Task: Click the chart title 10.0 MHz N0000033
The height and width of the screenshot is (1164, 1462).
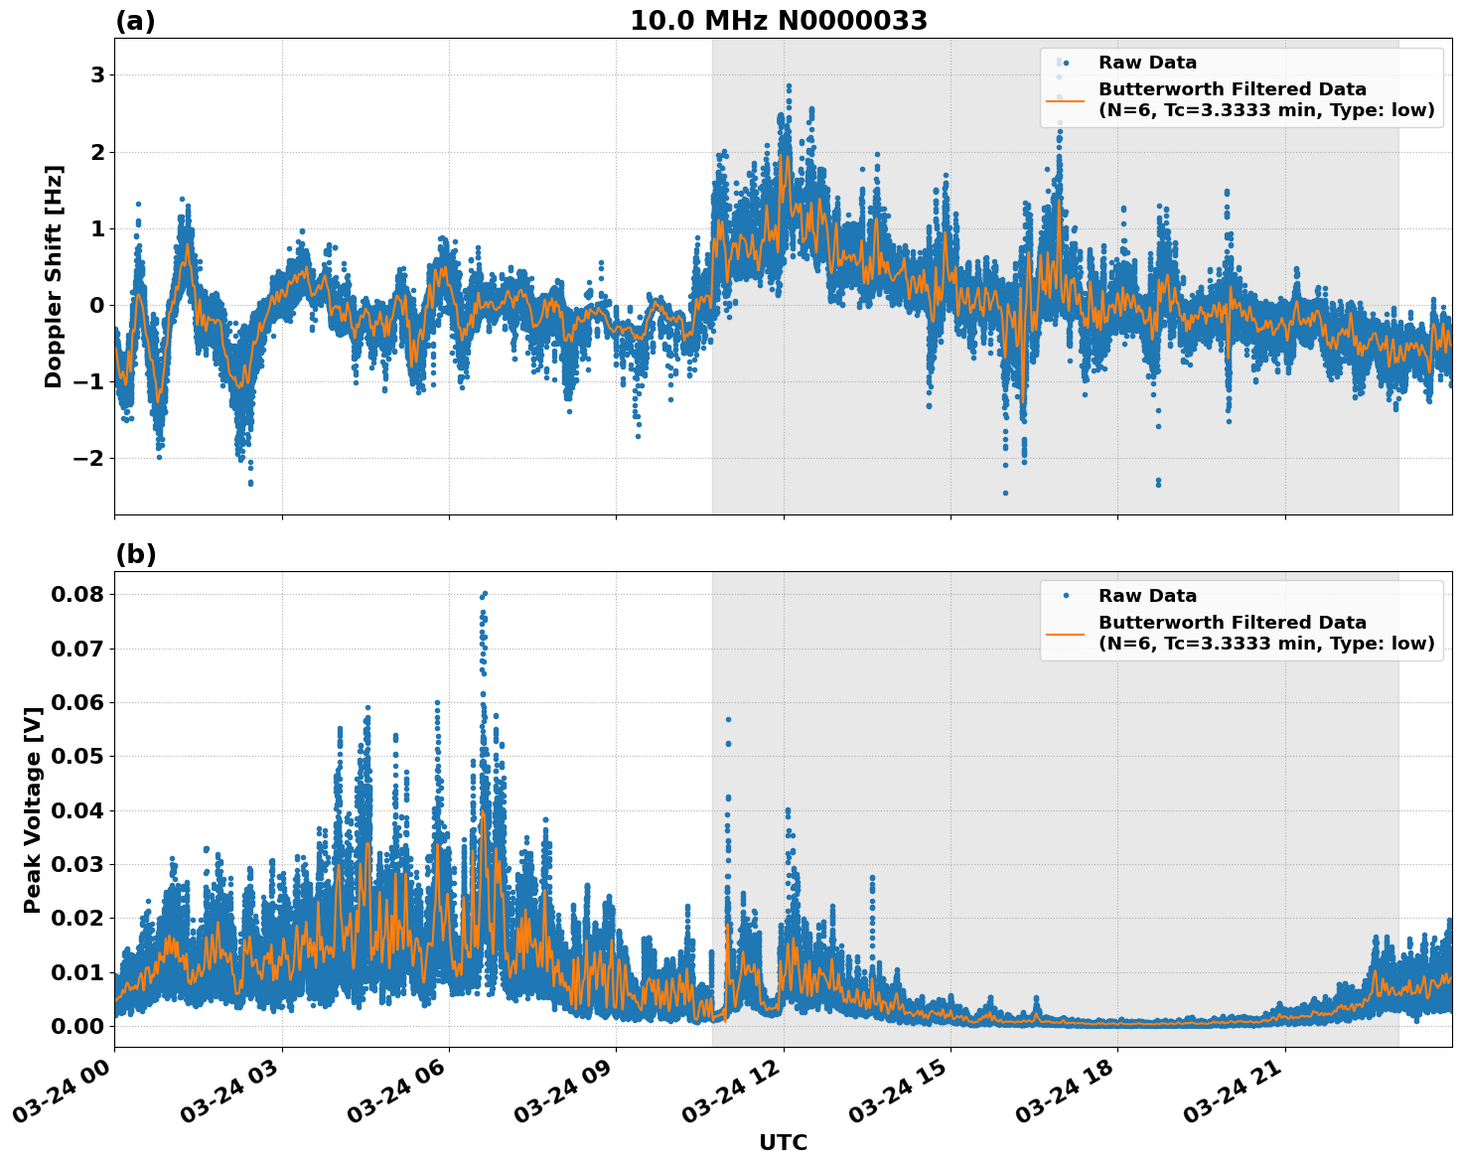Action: pos(779,21)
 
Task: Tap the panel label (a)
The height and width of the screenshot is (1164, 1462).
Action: pos(135,21)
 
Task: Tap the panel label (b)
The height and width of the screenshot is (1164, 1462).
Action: pos(135,554)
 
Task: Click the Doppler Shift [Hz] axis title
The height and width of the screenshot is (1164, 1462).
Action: pos(54,276)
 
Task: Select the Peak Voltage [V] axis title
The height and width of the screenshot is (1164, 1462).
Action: pos(33,809)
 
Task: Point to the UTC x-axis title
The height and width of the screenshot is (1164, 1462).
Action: pos(783,1142)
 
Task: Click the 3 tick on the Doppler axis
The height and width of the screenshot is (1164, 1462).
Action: pos(97,75)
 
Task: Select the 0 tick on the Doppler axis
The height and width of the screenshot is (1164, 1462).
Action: pos(97,305)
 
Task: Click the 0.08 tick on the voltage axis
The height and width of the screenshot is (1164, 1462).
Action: pos(77,594)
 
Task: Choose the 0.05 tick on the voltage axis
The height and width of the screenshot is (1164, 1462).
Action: pos(77,756)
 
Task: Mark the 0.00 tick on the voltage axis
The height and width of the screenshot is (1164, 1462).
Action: pos(77,1026)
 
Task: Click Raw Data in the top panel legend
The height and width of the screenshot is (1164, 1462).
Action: pos(1147,63)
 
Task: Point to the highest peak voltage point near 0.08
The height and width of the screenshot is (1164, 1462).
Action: pos(484,594)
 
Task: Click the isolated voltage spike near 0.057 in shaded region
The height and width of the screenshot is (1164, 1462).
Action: pos(728,719)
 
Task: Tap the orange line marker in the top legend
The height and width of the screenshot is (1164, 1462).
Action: pos(1065,99)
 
